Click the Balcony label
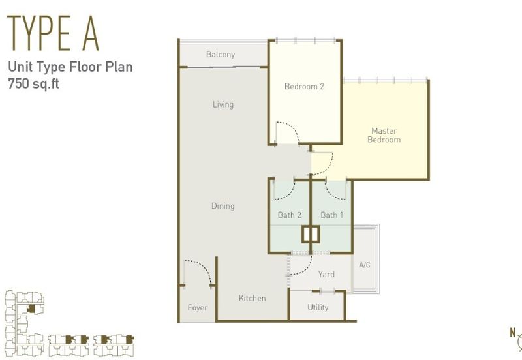221,54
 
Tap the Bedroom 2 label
304,87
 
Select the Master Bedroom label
384,135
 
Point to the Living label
223,104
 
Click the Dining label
223,206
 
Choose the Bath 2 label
290,215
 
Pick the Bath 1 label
332,215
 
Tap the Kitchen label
253,298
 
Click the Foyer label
198,308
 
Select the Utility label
318,307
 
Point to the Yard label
326,275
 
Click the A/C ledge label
365,265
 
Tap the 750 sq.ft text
34,83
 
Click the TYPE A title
54,33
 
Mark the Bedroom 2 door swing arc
292,127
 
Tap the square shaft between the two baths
311,234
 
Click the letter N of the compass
513,333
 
